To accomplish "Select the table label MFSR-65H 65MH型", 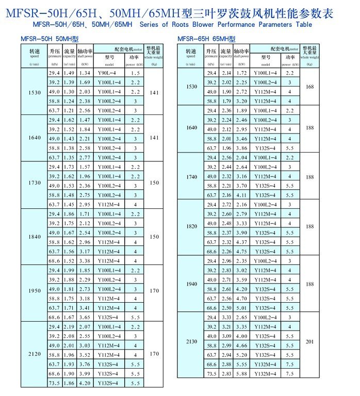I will [x=206, y=39].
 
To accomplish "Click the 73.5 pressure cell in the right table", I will [x=211, y=374].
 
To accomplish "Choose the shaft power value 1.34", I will [x=85, y=73].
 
